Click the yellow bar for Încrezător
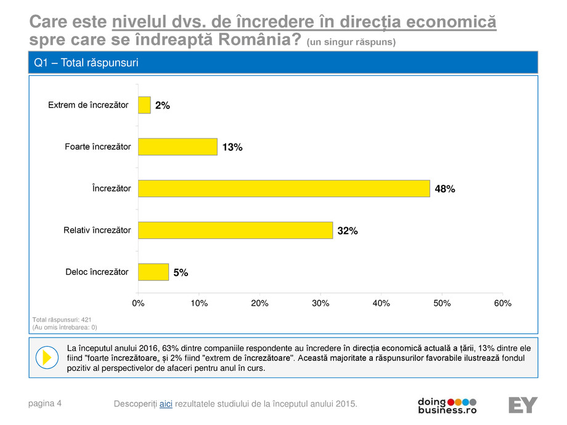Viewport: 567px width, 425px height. pyautogui.click(x=283, y=188)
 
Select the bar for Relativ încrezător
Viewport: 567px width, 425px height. pyautogui.click(x=235, y=230)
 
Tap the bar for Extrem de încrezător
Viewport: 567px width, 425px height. pyautogui.click(x=144, y=105)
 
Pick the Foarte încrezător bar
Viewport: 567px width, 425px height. pyautogui.click(x=177, y=147)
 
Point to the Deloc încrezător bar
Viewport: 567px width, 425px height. pyautogui.click(x=153, y=272)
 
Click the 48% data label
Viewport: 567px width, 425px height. pyautogui.click(x=444, y=189)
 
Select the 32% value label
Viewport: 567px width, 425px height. pyautogui.click(x=348, y=231)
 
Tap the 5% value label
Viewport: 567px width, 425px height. pyautogui.click(x=181, y=273)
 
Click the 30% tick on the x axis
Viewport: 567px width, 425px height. pyautogui.click(x=320, y=303)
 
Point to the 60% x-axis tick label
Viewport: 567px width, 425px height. pyautogui.click(x=503, y=303)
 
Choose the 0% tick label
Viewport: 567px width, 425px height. pyautogui.click(x=138, y=303)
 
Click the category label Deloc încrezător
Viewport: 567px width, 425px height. pyautogui.click(x=97, y=272)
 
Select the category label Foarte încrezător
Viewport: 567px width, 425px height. pyautogui.click(x=98, y=147)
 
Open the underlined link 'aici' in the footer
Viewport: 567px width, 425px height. pyautogui.click(x=166, y=403)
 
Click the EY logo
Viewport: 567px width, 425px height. pyautogui.click(x=523, y=405)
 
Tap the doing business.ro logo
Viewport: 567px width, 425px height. pyautogui.click(x=447, y=405)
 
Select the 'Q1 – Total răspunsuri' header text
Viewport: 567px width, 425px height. pyautogui.click(x=86, y=63)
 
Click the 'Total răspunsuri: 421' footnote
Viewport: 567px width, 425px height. pyautogui.click(x=60, y=320)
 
